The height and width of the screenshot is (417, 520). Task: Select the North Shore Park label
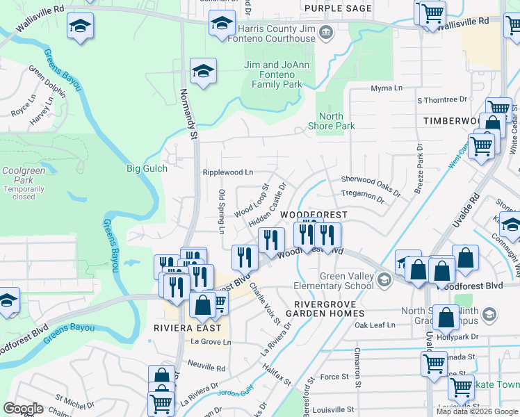(x=336, y=121)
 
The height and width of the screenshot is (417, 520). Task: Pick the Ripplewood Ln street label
(x=227, y=172)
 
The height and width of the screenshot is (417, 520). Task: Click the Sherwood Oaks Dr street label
(x=371, y=183)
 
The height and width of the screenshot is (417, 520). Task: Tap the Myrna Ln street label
(x=387, y=89)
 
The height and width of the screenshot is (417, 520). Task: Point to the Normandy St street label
(x=189, y=108)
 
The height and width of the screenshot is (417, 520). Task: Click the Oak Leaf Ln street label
(x=374, y=325)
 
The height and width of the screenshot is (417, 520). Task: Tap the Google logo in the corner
(x=23, y=409)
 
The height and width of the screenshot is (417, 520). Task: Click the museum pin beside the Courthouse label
(x=325, y=33)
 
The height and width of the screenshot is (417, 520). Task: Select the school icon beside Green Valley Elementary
(x=383, y=281)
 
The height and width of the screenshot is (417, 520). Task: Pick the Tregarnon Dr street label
(x=362, y=198)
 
